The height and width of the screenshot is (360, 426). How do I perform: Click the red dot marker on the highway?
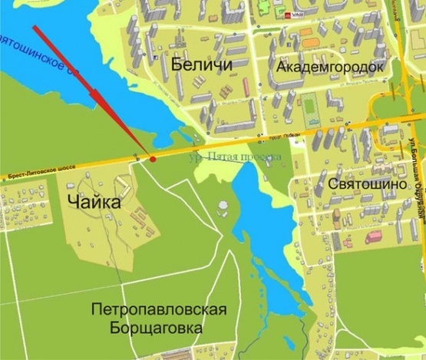153,159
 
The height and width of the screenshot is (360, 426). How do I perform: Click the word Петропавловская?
159,309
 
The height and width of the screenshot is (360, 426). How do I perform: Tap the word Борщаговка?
159,328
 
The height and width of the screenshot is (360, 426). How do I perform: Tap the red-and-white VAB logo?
295,14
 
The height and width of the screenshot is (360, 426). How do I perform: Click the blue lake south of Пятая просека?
257,207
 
